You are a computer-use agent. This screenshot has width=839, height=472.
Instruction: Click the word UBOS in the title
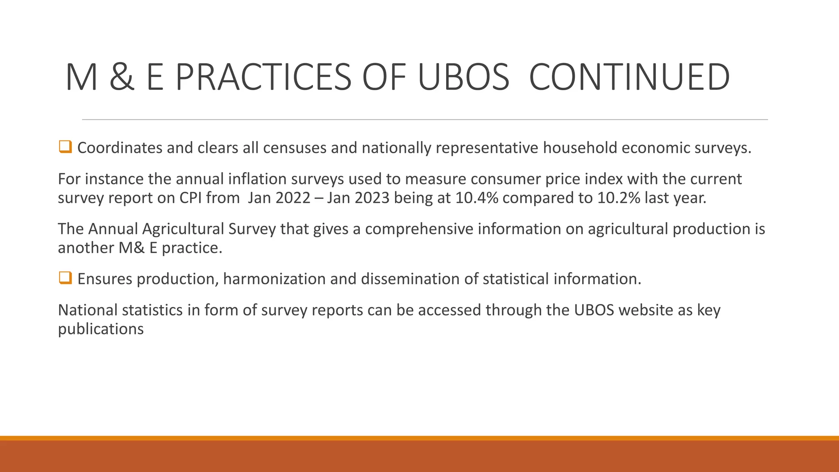click(x=463, y=77)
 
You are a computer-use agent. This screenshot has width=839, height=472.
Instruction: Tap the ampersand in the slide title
click(x=122, y=77)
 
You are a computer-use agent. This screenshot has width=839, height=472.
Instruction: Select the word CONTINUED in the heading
click(x=629, y=77)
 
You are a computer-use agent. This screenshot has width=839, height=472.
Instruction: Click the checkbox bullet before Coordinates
click(x=65, y=147)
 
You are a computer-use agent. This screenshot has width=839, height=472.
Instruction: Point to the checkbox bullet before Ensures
click(x=65, y=278)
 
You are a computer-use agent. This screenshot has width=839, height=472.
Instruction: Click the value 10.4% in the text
click(x=476, y=198)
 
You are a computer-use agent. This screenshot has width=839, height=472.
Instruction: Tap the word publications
click(x=101, y=329)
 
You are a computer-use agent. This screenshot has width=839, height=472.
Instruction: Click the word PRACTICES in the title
click(x=263, y=77)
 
